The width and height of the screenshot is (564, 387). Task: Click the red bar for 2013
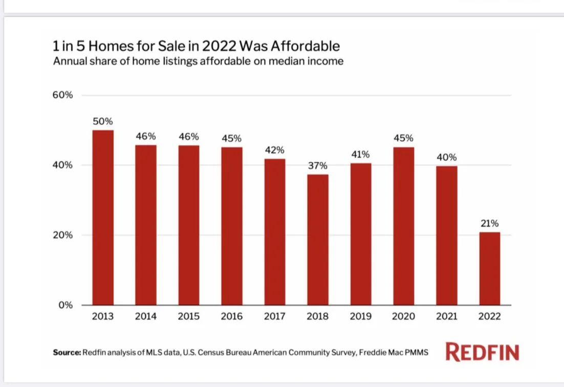pos(103,218)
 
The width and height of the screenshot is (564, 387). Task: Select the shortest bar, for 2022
pos(490,269)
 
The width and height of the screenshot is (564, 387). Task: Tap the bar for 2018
pos(318,240)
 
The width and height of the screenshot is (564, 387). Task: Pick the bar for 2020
pos(404,226)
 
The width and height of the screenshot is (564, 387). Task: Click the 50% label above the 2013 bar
pos(103,122)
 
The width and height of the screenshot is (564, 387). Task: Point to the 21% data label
pos(490,224)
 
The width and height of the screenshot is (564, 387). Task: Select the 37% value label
pos(318,166)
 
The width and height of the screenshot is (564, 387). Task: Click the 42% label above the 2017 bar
pos(275,150)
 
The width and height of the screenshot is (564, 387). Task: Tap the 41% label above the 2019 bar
pos(361,155)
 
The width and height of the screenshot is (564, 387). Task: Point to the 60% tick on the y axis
pos(63,95)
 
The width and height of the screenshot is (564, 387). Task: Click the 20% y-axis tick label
pos(63,235)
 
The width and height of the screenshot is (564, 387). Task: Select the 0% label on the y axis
pos(66,305)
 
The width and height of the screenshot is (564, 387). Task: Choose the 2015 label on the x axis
pos(189,317)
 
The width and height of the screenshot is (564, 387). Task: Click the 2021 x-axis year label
pos(447,317)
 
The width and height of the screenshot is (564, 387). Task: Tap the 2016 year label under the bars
pos(232,317)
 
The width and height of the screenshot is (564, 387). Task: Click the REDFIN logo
pos(482,352)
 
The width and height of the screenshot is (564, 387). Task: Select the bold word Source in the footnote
pos(67,353)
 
